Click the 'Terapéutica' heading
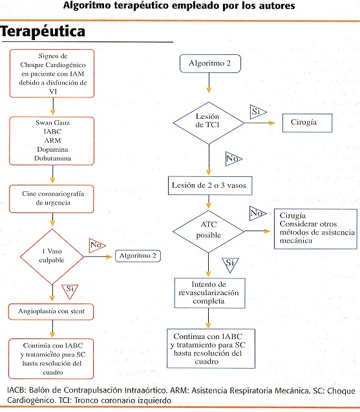click(43, 32)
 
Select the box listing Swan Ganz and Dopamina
click(52, 141)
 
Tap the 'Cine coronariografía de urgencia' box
click(52, 199)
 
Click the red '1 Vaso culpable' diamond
click(52, 256)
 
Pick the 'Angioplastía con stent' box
click(51, 312)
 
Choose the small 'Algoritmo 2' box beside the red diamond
click(138, 256)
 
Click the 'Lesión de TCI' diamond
click(209, 123)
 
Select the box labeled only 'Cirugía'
click(307, 123)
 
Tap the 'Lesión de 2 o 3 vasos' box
click(210, 185)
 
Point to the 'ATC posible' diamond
click(209, 231)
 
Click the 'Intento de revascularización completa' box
click(209, 293)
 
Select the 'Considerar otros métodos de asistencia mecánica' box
click(315, 229)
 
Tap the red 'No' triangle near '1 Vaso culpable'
click(97, 245)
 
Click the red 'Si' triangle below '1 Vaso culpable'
click(70, 291)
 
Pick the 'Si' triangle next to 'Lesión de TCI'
click(257, 112)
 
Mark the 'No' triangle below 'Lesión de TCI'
click(233, 159)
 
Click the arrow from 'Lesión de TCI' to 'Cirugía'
click(260, 123)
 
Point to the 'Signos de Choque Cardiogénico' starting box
click(52, 74)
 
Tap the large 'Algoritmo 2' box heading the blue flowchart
click(210, 63)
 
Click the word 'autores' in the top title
click(277, 6)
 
